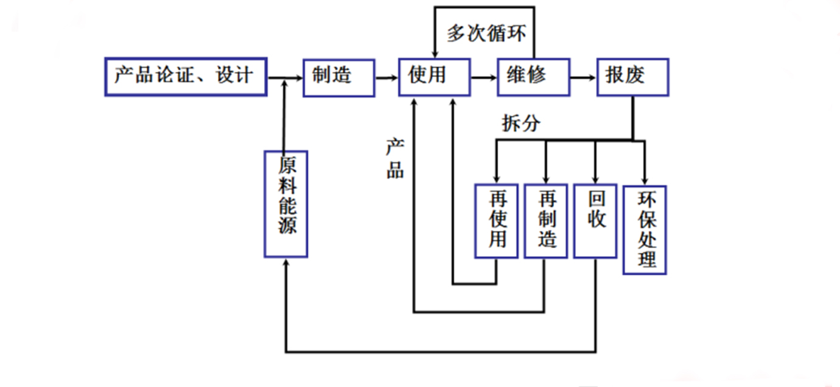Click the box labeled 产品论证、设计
click(186, 77)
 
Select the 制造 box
click(339, 77)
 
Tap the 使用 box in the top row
click(434, 77)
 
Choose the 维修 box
click(533, 77)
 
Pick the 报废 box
click(632, 77)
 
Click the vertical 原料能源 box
click(285, 204)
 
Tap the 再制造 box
click(546, 221)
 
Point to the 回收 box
click(595, 221)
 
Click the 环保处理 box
click(644, 230)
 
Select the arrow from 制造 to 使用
click(387, 78)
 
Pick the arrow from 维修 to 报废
click(583, 78)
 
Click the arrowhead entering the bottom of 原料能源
click(285, 263)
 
